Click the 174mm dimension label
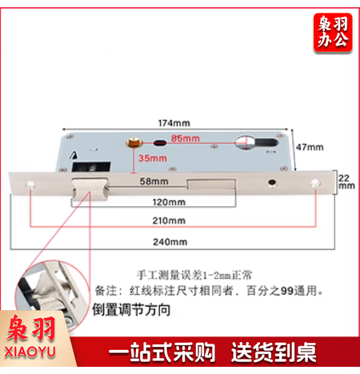[x=174, y=123]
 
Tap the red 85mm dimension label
[x=186, y=138]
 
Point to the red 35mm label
[x=153, y=158]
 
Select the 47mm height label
[x=310, y=147]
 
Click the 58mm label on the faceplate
[x=154, y=181]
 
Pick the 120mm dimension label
[x=169, y=202]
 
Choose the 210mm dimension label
[x=169, y=221]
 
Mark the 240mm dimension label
[x=170, y=242]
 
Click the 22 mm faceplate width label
[x=346, y=181]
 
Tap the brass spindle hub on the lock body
[x=134, y=143]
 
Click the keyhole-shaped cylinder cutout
[x=256, y=142]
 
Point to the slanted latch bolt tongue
[x=90, y=189]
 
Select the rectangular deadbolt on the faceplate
[x=211, y=184]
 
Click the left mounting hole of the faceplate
[x=30, y=185]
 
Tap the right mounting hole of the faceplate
[x=315, y=184]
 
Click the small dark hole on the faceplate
[x=272, y=183]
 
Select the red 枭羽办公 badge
[x=333, y=32]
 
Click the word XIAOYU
[x=30, y=352]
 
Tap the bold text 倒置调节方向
[x=131, y=310]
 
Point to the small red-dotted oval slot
[x=160, y=143]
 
